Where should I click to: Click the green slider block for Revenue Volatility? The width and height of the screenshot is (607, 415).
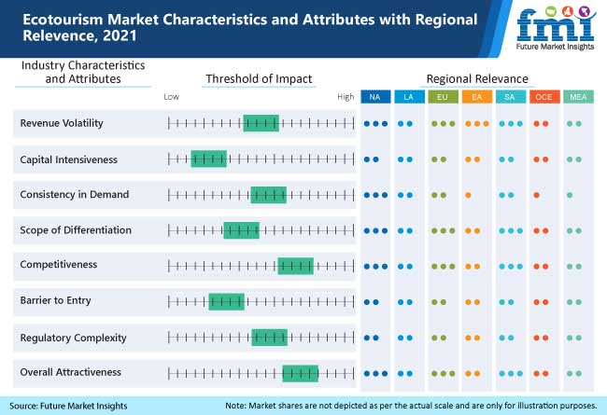pyautogui.click(x=261, y=123)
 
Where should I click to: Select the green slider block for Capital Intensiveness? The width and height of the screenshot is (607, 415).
pyautogui.click(x=208, y=159)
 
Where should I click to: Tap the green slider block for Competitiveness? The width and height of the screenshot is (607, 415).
pyautogui.click(x=295, y=266)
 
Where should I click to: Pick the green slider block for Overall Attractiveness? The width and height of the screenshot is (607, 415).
pyautogui.click(x=300, y=373)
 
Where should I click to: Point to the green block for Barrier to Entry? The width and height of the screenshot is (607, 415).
pyautogui.click(x=226, y=301)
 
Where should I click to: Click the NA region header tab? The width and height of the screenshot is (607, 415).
pyautogui.click(x=374, y=96)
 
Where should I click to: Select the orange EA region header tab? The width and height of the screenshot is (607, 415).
pyautogui.click(x=475, y=96)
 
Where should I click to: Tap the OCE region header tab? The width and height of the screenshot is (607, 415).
pyautogui.click(x=543, y=96)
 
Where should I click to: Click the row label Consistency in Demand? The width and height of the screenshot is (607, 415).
pyautogui.click(x=74, y=195)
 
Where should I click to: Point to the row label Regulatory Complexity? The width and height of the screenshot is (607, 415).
pyautogui.click(x=73, y=338)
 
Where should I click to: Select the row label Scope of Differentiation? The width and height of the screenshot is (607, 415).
pyautogui.click(x=76, y=230)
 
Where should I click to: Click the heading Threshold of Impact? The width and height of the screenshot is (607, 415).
pyautogui.click(x=259, y=79)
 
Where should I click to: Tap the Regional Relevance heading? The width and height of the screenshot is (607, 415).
pyautogui.click(x=477, y=79)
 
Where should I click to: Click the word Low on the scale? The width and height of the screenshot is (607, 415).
pyautogui.click(x=171, y=97)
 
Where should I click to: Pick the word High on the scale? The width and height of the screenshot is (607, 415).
pyautogui.click(x=346, y=97)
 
